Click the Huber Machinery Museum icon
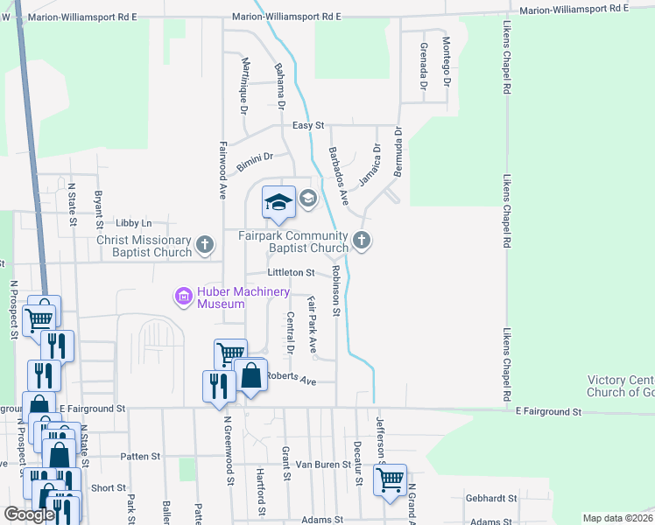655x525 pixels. (184, 297)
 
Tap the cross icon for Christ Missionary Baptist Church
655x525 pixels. (205, 246)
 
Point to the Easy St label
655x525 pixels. (308, 126)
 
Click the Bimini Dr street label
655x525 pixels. (255, 161)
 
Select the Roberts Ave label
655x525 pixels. (291, 378)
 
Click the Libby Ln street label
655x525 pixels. (133, 223)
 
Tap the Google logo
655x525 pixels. (29, 514)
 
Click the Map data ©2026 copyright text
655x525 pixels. (617, 518)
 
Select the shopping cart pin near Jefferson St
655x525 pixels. (390, 480)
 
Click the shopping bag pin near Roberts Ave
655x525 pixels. (250, 375)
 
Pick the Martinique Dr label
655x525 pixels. (244, 84)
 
